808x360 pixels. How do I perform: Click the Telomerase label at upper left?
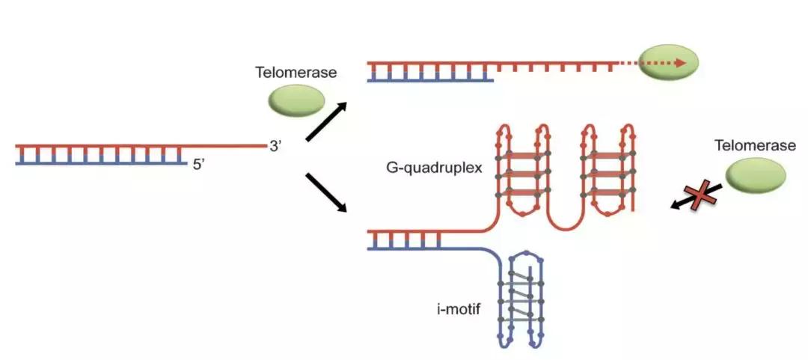click(x=296, y=73)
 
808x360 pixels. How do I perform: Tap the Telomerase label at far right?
click(x=754, y=145)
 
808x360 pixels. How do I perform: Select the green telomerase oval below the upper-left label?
click(x=296, y=101)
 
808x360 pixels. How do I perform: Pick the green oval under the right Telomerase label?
click(x=755, y=176)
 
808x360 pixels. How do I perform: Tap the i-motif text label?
click(x=459, y=308)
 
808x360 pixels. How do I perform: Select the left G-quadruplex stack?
click(x=521, y=172)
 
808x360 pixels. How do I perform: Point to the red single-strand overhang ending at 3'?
click(x=224, y=145)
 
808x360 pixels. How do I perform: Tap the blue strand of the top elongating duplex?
click(x=430, y=78)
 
